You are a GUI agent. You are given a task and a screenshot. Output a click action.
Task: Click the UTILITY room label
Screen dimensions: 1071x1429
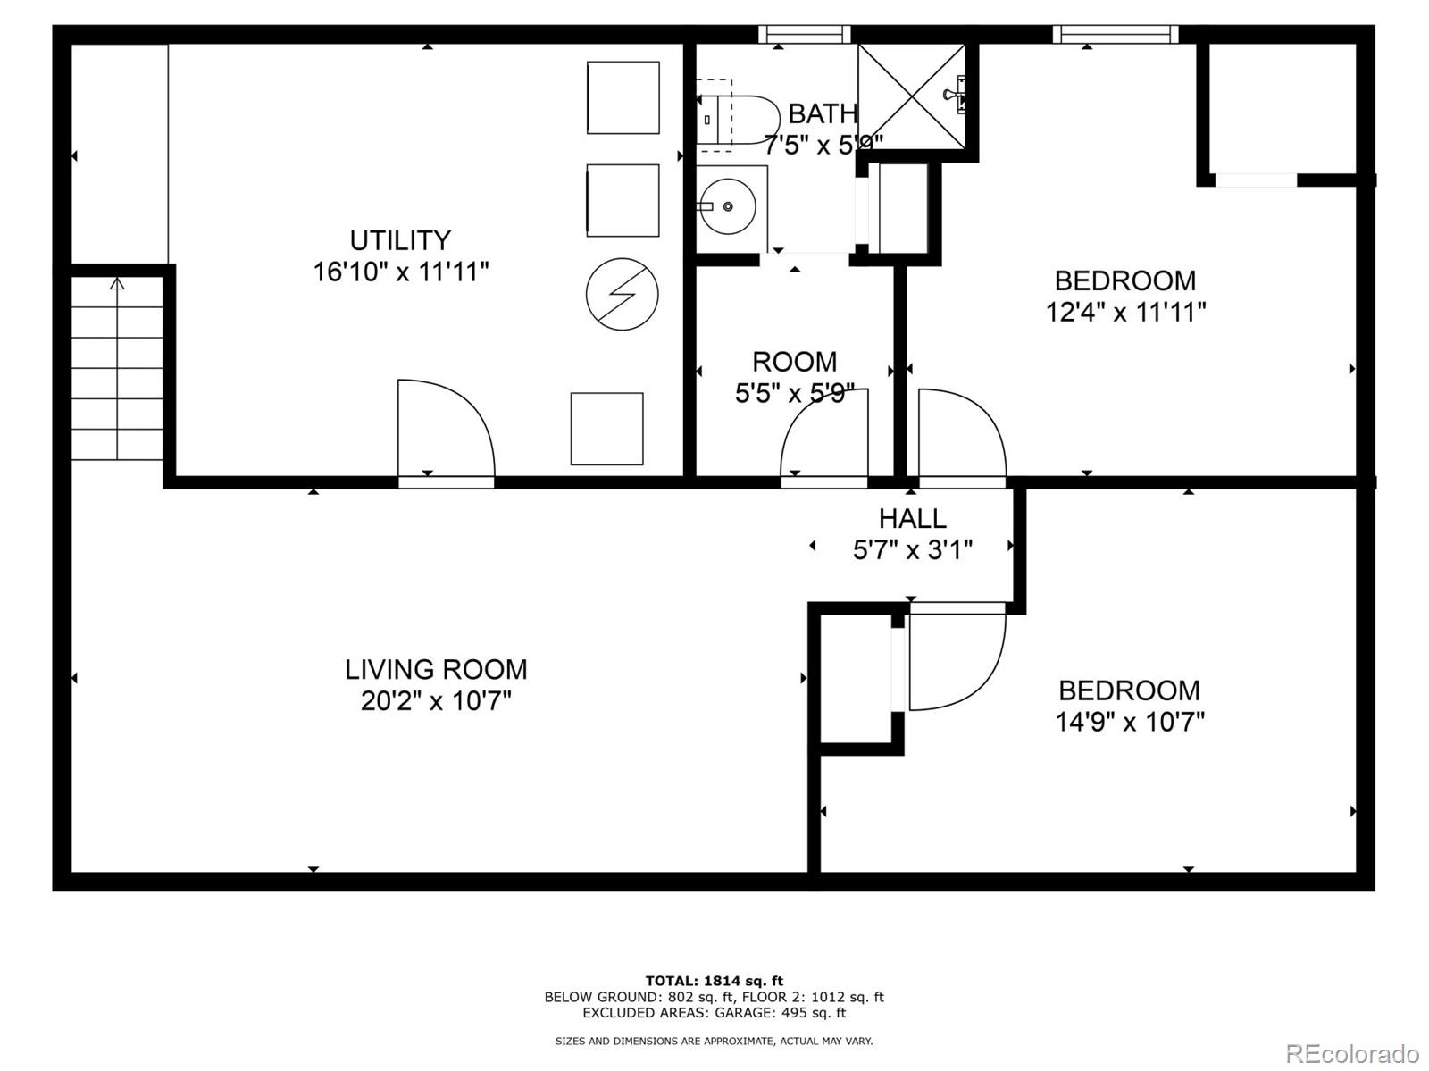click(399, 240)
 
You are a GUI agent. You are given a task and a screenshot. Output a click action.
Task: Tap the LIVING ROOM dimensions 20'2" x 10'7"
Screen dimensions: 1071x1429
click(436, 701)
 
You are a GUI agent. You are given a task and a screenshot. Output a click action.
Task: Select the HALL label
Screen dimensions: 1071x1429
click(912, 518)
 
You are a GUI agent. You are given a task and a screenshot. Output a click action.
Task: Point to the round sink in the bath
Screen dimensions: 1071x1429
click(728, 206)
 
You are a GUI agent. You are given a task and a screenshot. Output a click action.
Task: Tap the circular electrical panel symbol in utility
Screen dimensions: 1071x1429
click(622, 295)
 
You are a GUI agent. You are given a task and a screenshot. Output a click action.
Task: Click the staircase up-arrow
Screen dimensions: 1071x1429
click(117, 285)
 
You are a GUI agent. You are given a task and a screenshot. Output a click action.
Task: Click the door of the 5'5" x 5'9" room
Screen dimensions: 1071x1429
click(823, 438)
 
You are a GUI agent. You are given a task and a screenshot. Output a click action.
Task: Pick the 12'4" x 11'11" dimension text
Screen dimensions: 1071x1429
click(1125, 313)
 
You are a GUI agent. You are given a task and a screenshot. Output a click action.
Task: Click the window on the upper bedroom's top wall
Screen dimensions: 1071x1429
click(1115, 35)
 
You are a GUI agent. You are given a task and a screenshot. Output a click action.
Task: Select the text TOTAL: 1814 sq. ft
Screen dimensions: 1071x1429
click(714, 981)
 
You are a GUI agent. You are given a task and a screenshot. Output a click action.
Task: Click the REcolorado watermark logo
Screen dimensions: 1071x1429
click(1352, 1053)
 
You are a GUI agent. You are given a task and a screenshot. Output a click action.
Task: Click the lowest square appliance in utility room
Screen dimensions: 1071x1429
click(606, 429)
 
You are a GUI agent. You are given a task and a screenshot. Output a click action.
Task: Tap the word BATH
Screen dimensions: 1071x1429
click(823, 114)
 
